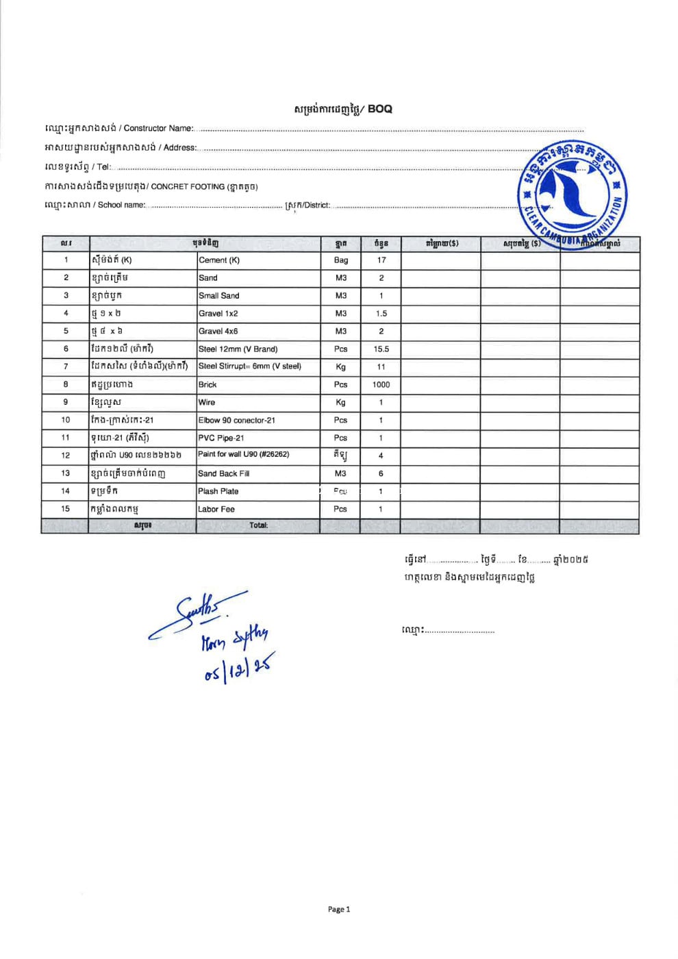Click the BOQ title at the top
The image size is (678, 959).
(x=343, y=109)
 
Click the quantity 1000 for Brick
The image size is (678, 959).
(x=381, y=385)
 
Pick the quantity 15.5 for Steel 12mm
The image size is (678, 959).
(x=381, y=349)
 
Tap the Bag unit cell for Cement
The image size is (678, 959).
(x=341, y=260)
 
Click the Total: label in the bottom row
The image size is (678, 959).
(x=258, y=526)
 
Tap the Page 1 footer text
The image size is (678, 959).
(x=339, y=910)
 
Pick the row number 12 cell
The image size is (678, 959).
(x=66, y=456)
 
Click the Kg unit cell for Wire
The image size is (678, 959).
(x=341, y=403)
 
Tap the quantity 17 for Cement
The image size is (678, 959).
(x=381, y=260)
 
